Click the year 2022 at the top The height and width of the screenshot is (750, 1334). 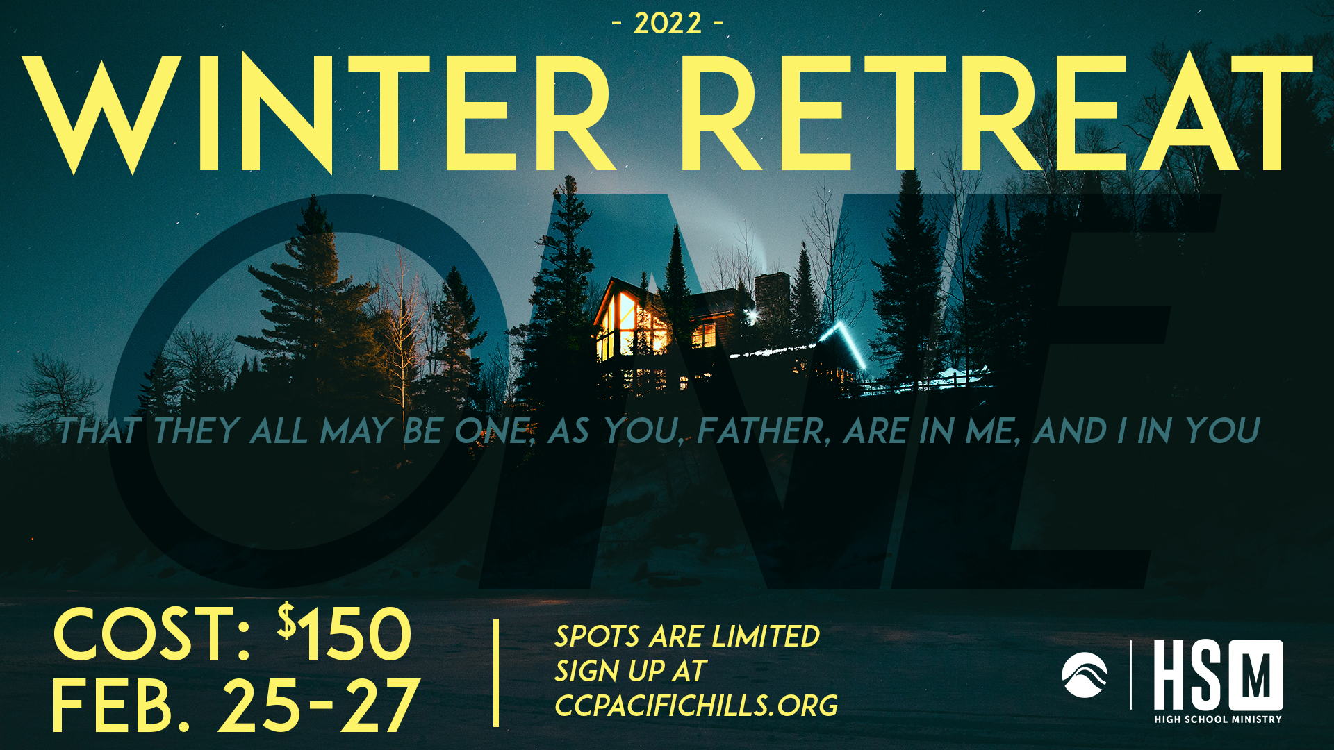(x=667, y=24)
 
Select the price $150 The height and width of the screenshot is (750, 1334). (x=345, y=633)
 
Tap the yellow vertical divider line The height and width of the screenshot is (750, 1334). (x=496, y=673)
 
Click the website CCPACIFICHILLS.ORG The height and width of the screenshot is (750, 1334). (x=696, y=706)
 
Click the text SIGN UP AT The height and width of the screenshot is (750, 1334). (x=630, y=671)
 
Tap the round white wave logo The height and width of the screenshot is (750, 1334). (x=1085, y=675)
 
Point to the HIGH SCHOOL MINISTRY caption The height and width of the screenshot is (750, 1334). (x=1218, y=719)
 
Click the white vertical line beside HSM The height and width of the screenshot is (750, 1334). (x=1131, y=674)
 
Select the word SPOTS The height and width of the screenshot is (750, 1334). (x=597, y=636)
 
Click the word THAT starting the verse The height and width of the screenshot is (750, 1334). (x=99, y=431)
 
